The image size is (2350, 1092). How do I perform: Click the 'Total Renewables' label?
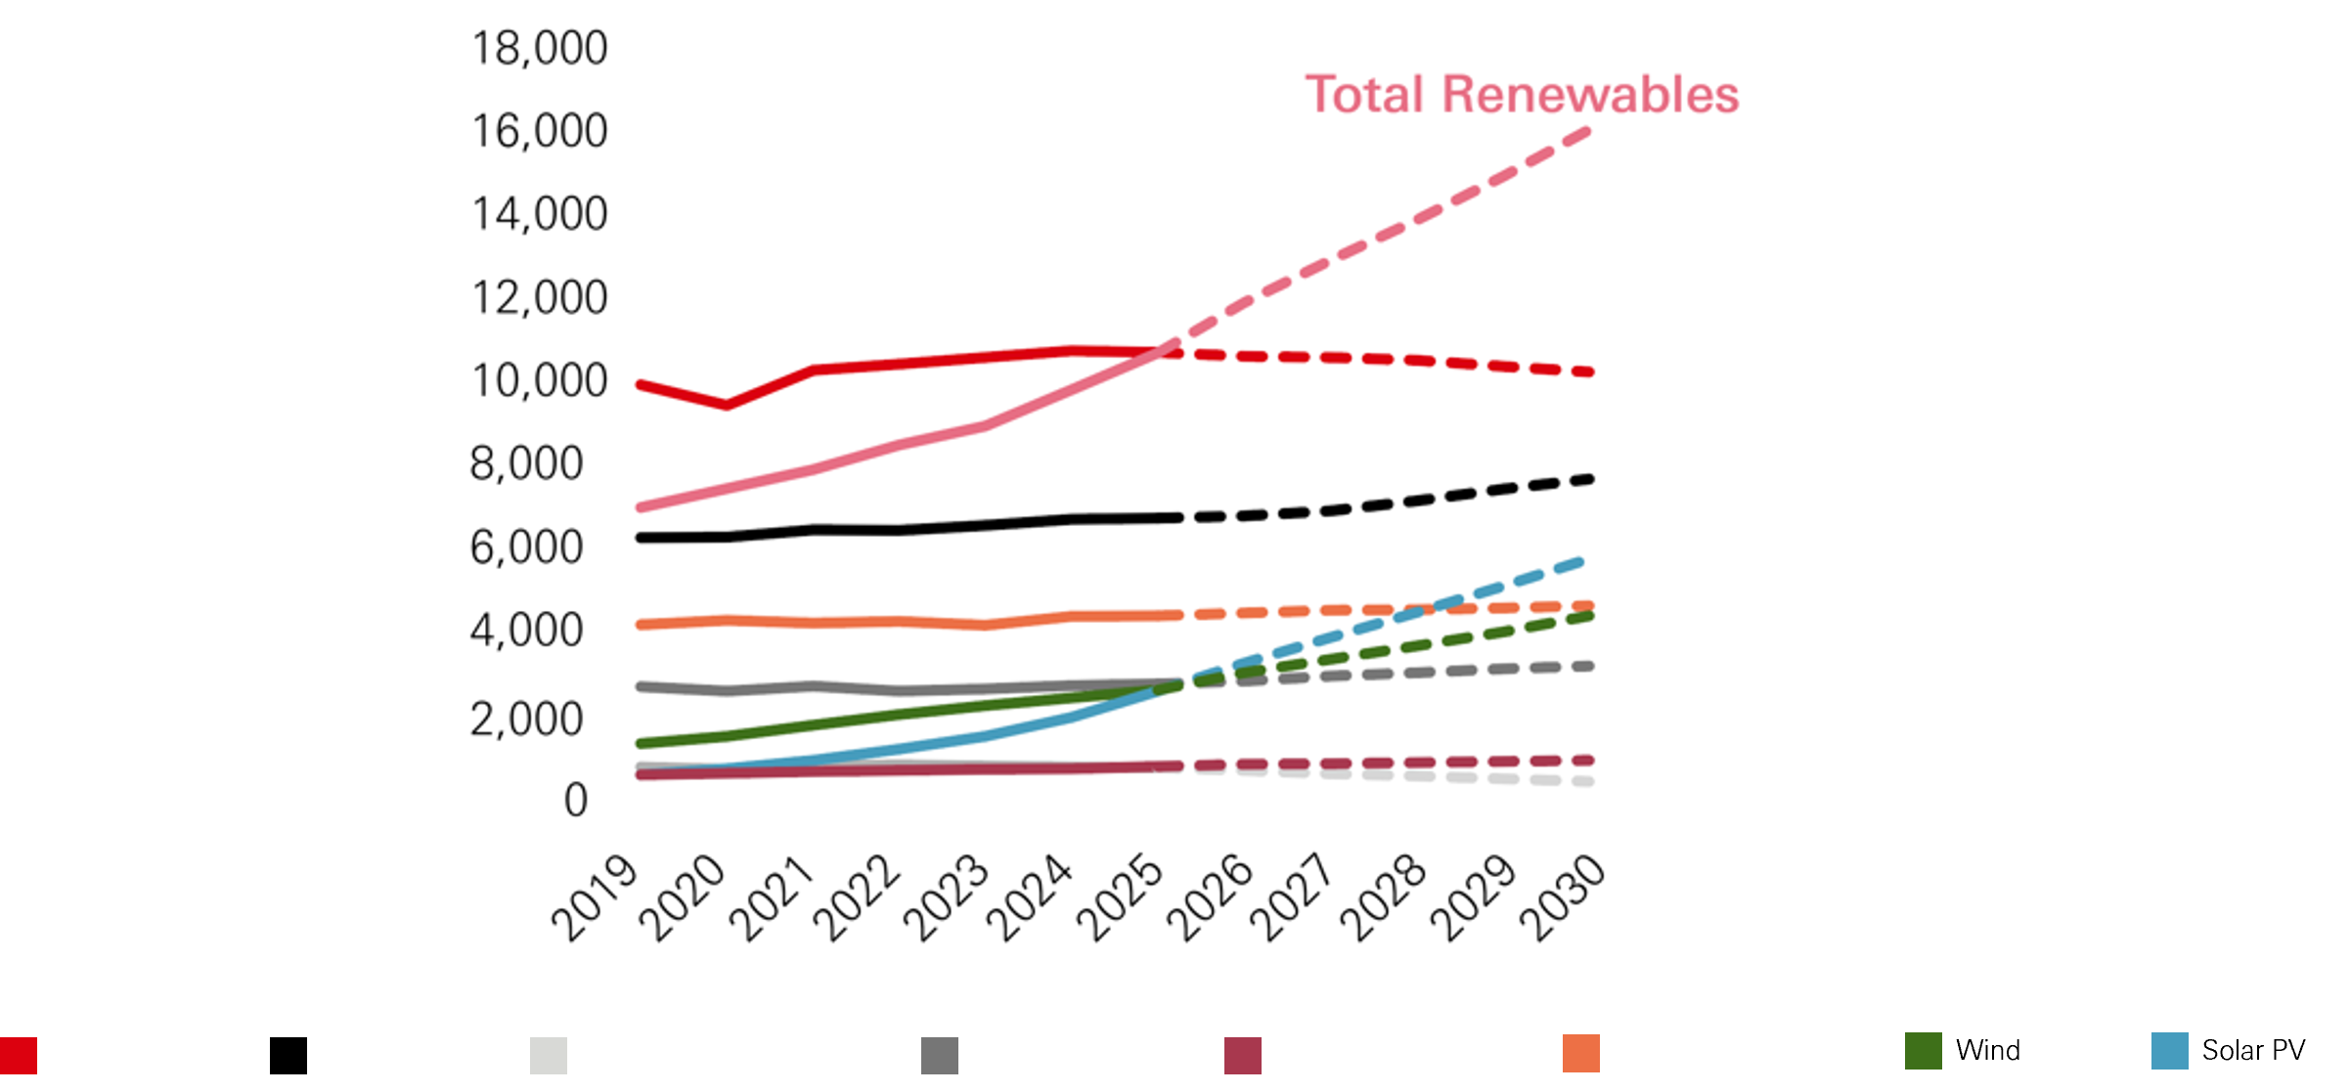click(1522, 95)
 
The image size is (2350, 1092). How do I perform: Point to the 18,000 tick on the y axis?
click(539, 49)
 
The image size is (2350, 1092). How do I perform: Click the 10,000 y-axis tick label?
click(539, 381)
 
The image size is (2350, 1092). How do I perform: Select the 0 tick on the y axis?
click(576, 801)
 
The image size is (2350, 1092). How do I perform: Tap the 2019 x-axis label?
click(594, 897)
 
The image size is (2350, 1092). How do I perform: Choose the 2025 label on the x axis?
click(1120, 897)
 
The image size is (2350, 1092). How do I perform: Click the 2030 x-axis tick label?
click(1562, 897)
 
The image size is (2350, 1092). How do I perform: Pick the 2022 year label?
click(857, 897)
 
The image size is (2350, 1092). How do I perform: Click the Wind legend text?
click(1988, 1051)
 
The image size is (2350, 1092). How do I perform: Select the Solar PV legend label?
click(2253, 1051)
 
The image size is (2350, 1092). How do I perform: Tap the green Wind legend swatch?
click(1923, 1051)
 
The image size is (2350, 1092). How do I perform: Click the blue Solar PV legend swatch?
click(2169, 1051)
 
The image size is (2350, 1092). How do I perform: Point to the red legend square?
click(19, 1056)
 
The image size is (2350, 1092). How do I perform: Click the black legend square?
click(288, 1056)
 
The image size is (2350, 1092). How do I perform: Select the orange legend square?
click(1581, 1054)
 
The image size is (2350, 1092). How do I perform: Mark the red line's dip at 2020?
click(727, 405)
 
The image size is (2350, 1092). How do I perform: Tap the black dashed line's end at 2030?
click(1590, 479)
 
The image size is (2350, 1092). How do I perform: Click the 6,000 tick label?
click(526, 547)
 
